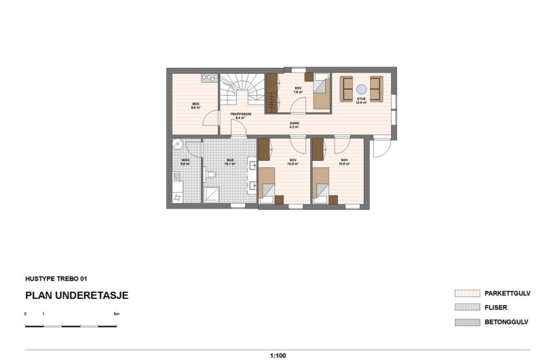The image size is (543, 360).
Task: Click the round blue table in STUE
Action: click(362, 88)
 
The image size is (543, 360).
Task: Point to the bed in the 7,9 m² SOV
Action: click(322, 93)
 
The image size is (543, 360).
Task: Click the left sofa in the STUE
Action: click(348, 88)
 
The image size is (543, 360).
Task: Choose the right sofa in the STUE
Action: click(376, 88)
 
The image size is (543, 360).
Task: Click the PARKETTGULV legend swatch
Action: click(466, 293)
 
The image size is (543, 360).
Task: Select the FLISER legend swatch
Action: click(466, 308)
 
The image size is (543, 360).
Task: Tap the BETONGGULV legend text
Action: click(506, 321)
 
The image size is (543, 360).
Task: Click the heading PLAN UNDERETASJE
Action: click(77, 295)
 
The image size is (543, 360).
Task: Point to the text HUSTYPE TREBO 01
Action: click(56, 278)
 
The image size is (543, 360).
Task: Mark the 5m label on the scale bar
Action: click(116, 314)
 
